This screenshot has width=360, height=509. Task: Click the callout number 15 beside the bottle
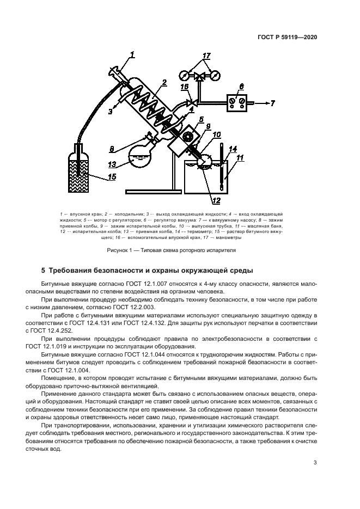[112, 177]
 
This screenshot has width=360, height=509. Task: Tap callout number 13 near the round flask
[112, 165]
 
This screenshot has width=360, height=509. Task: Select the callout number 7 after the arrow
[272, 102]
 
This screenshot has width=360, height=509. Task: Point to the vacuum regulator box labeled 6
[236, 101]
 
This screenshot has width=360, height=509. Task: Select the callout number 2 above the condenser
[163, 83]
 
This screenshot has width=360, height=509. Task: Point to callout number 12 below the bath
[216, 201]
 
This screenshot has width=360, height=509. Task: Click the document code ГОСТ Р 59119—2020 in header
[288, 38]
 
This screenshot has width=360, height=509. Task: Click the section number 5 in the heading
[44, 271]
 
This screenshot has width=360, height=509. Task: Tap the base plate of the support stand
[153, 191]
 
